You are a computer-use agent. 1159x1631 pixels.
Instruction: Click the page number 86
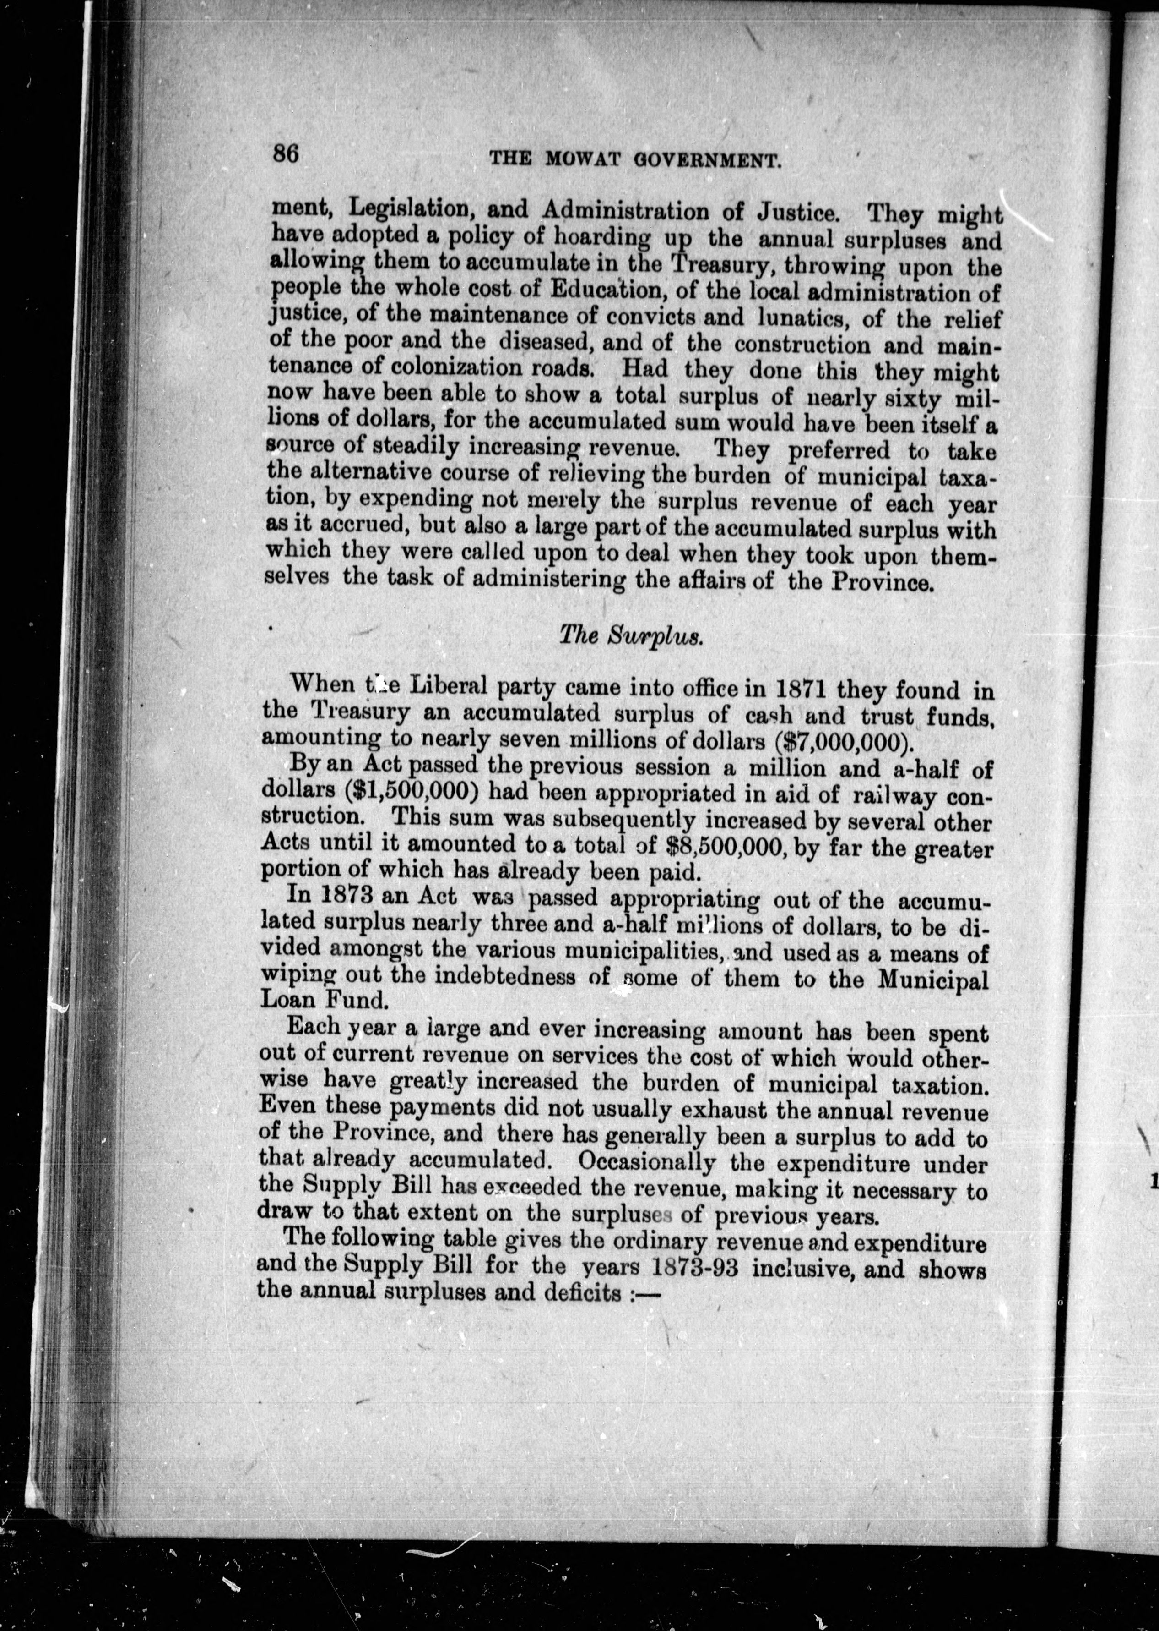coord(286,154)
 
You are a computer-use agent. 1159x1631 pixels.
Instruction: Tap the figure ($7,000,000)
coord(844,740)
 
